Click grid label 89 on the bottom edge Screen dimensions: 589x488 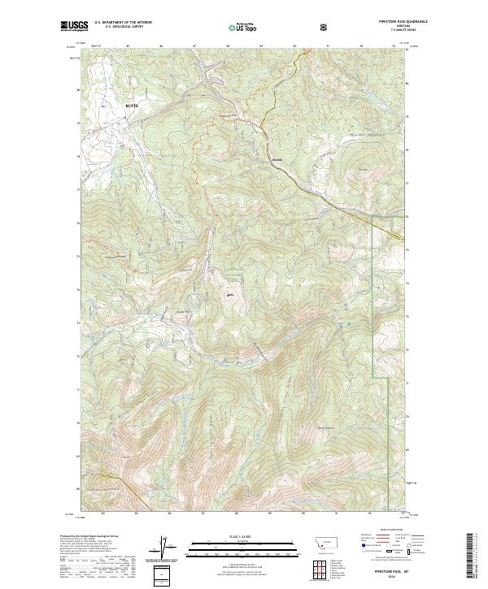click(269, 513)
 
